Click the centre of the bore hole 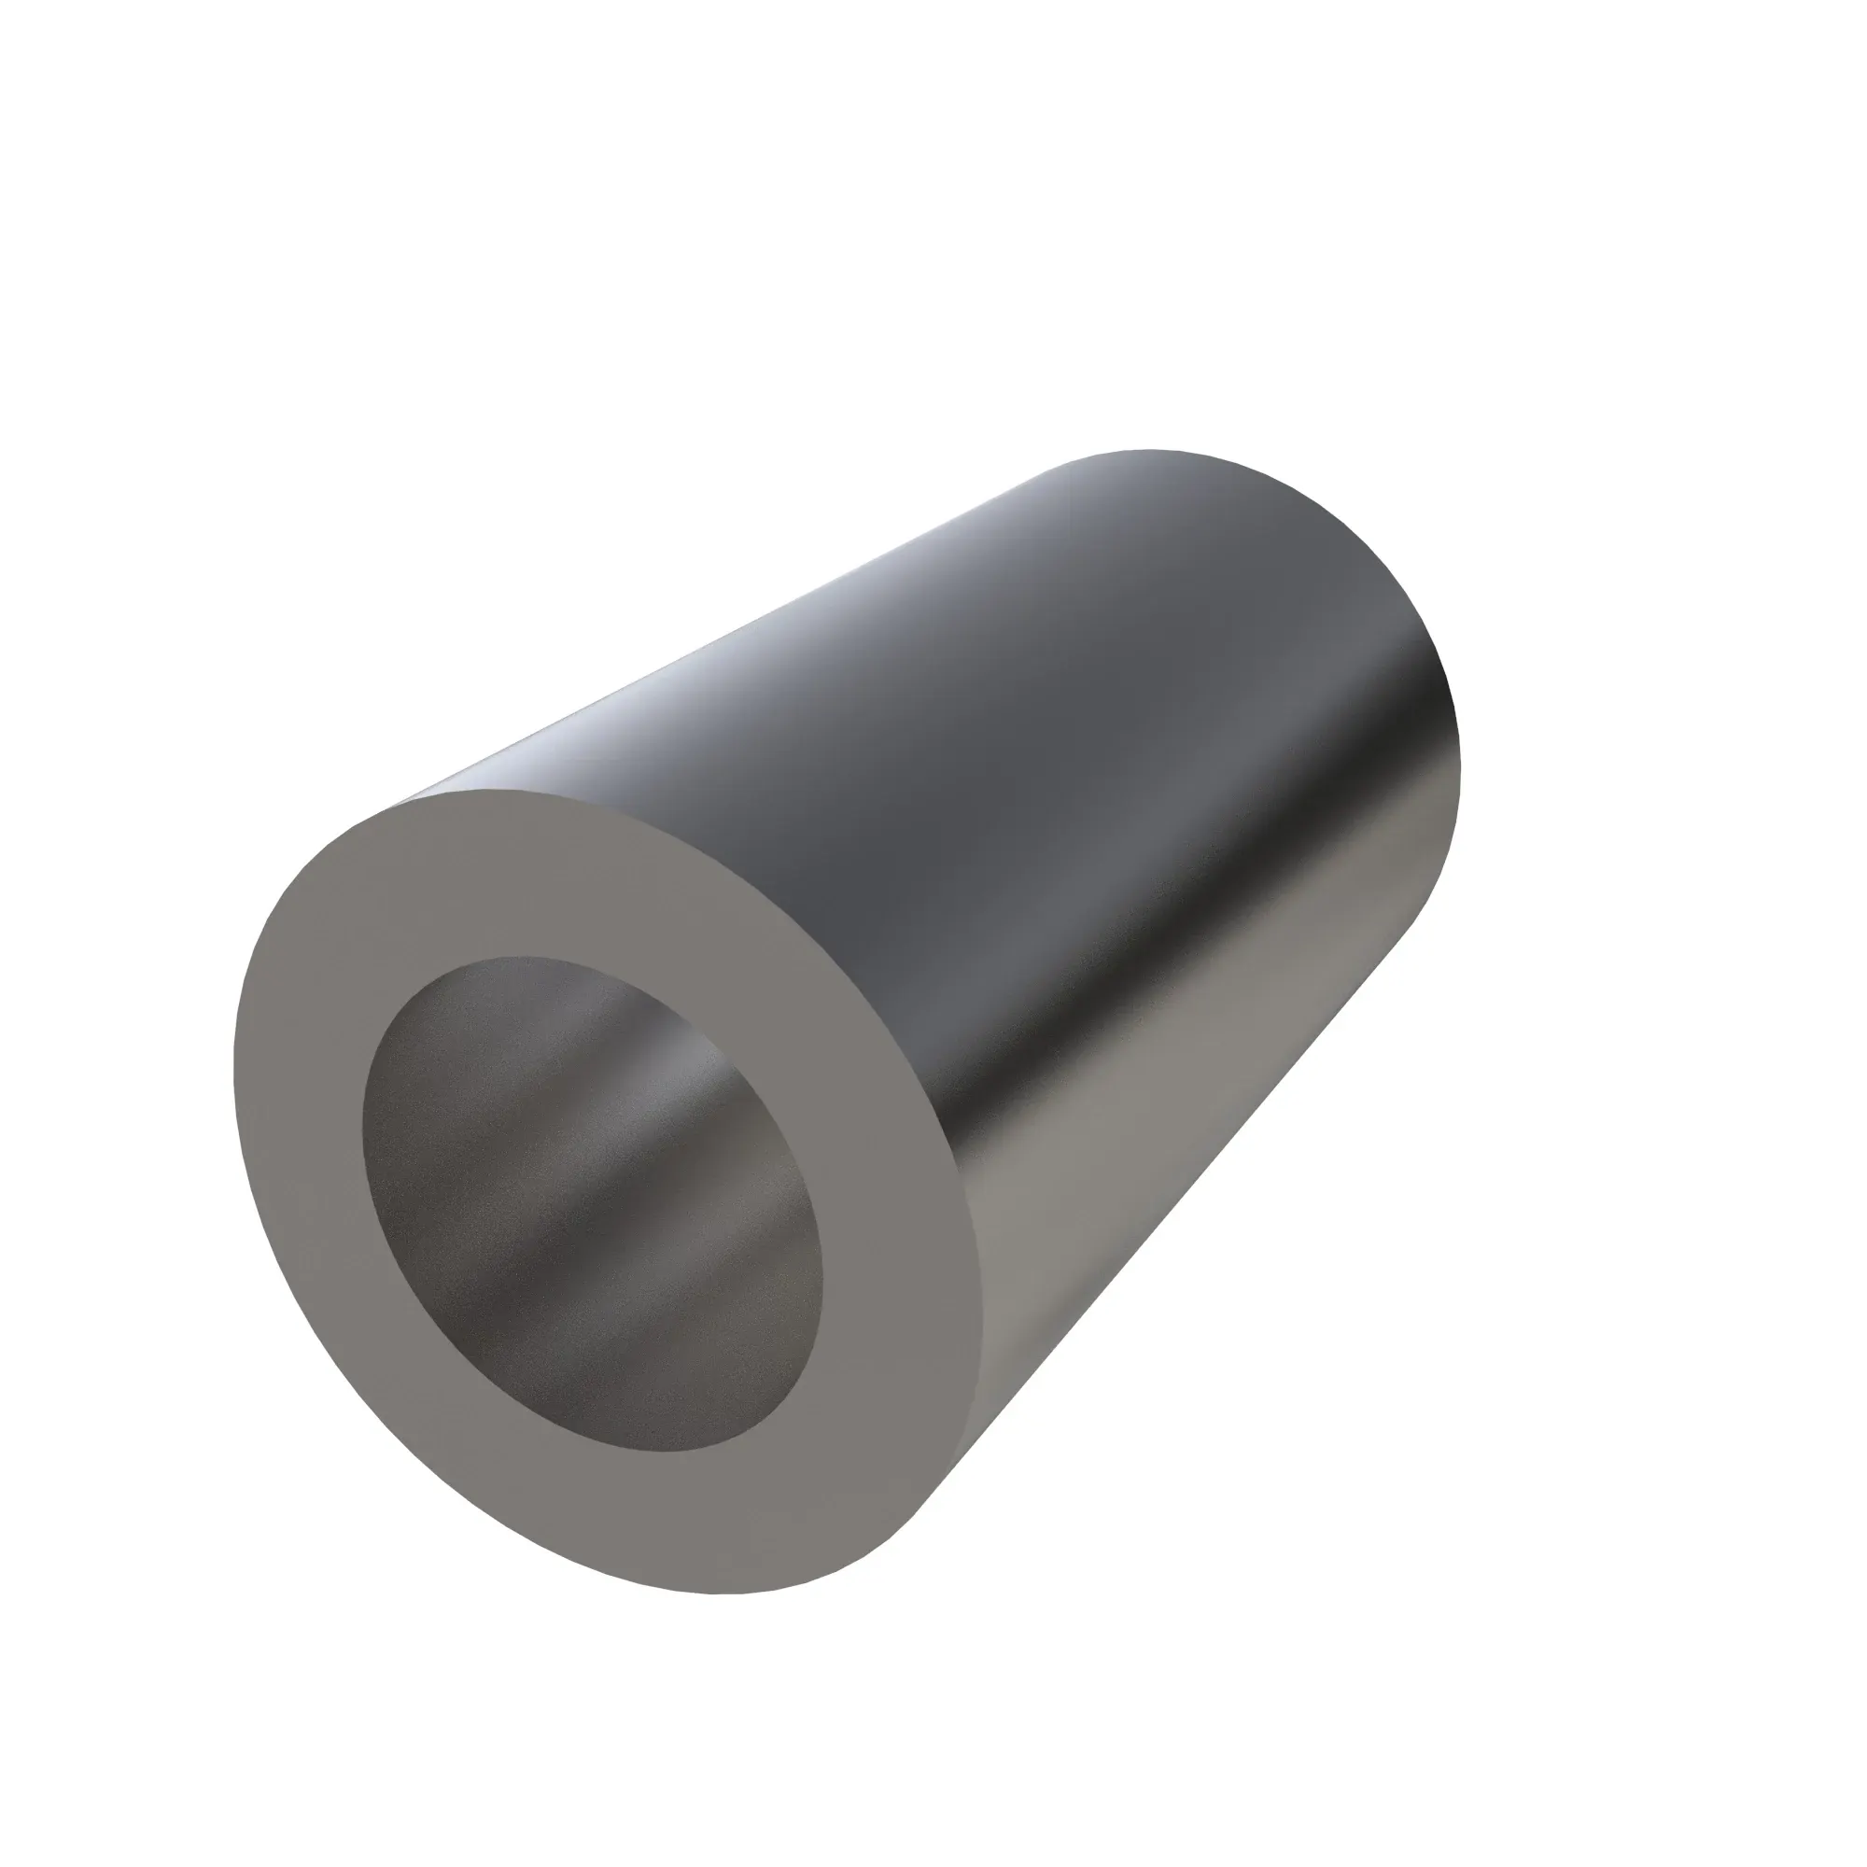tap(592, 1204)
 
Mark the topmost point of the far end tap(1150, 450)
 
